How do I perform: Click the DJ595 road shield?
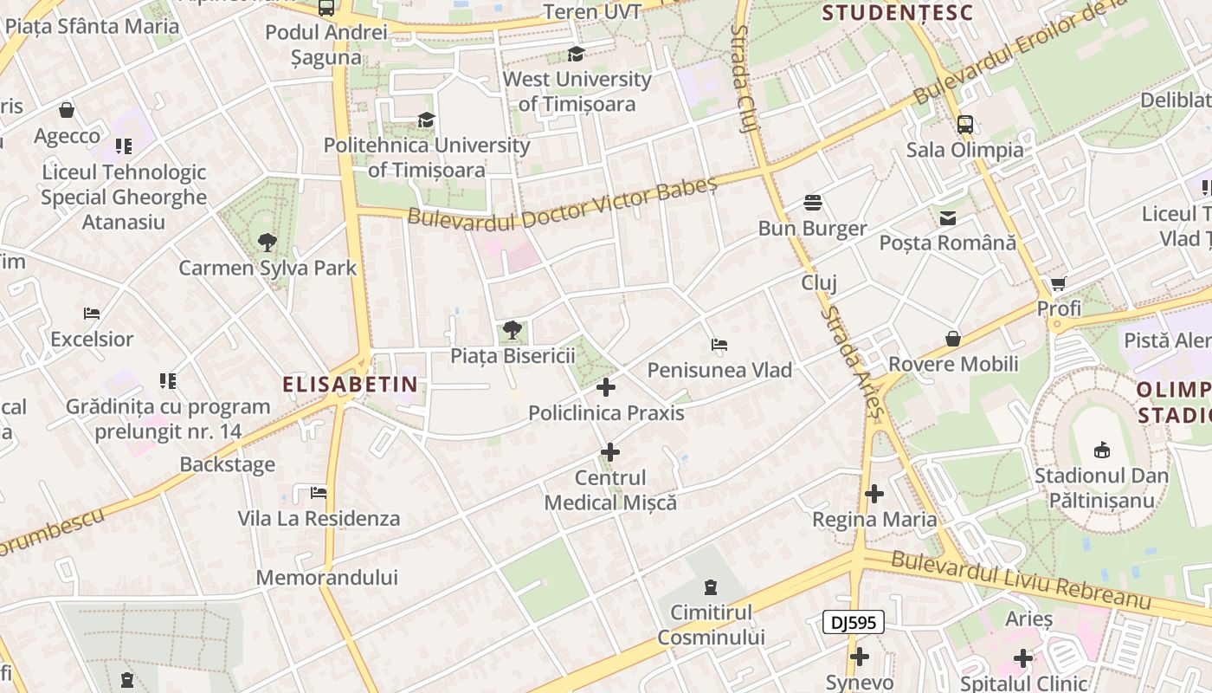(853, 622)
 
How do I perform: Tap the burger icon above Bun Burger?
(812, 203)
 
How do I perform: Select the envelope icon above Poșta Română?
(948, 217)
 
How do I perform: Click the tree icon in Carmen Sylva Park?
(267, 243)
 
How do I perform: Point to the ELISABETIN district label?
(350, 384)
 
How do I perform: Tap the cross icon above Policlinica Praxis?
(606, 387)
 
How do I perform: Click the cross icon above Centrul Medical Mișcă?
(610, 452)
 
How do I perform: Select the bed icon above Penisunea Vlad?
(719, 345)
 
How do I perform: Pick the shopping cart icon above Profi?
(1058, 283)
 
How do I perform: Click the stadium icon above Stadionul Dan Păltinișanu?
(1102, 450)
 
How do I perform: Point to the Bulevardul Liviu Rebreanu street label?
(1021, 580)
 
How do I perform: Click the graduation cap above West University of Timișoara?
(576, 55)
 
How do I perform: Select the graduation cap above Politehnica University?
(426, 120)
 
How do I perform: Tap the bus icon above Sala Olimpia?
(965, 124)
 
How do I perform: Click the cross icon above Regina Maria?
(874, 495)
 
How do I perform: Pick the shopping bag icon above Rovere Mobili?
(953, 338)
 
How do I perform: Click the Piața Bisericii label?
(513, 355)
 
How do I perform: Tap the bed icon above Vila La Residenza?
(319, 494)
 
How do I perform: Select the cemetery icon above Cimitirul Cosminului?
(711, 587)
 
